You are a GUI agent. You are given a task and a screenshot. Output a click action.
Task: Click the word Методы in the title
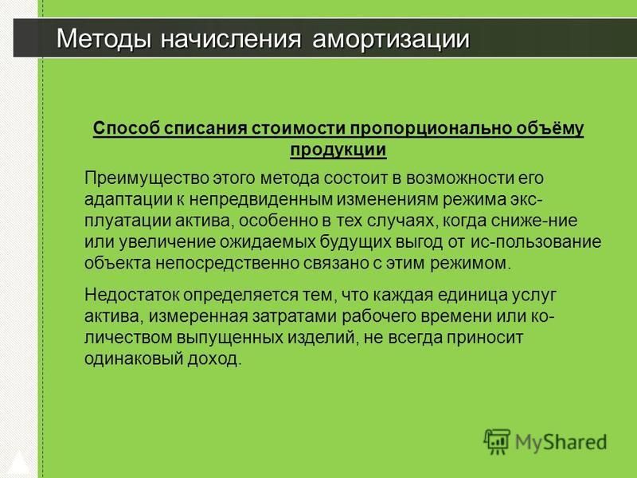click(x=104, y=39)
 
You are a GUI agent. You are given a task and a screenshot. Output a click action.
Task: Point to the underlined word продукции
click(x=338, y=150)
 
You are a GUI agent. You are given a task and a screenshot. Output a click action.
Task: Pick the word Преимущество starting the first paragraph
click(x=147, y=178)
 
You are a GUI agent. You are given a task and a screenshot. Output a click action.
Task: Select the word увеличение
click(x=167, y=242)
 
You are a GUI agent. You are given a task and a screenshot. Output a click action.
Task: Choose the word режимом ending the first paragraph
click(x=471, y=264)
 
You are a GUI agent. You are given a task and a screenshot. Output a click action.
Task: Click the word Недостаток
click(x=131, y=295)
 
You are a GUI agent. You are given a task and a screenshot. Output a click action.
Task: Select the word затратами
click(x=294, y=316)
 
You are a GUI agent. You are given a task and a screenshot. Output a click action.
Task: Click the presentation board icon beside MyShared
click(x=497, y=441)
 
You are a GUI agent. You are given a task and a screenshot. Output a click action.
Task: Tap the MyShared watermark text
click(x=561, y=443)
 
